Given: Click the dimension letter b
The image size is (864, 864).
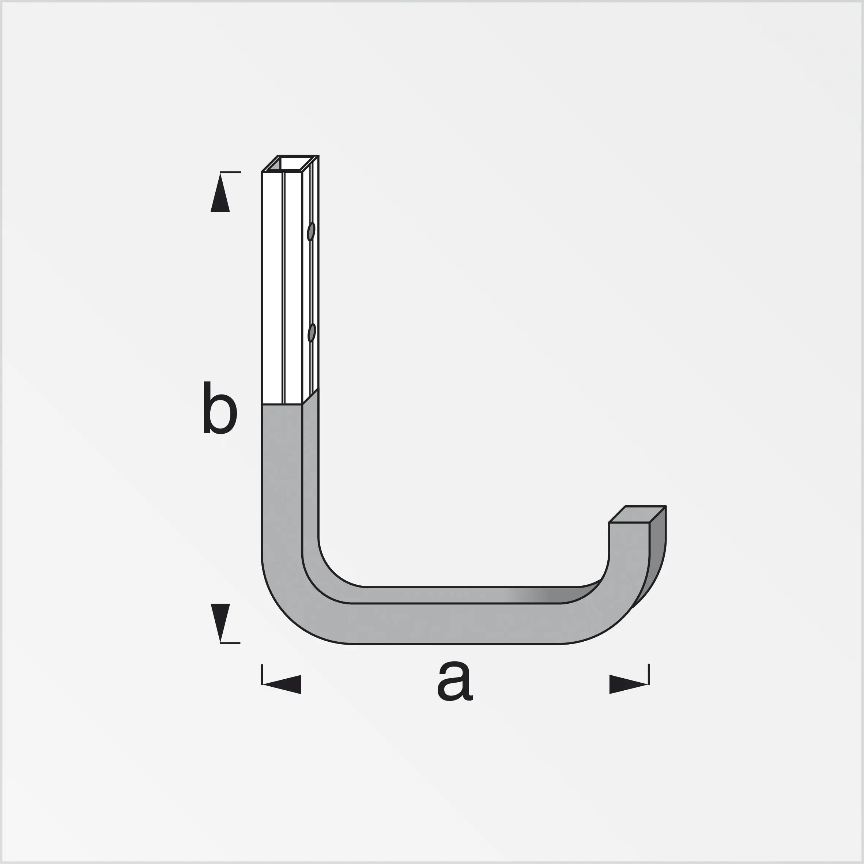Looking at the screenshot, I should click(x=220, y=408).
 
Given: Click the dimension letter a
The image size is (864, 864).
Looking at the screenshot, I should click(x=454, y=682).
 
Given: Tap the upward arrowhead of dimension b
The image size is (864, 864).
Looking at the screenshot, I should click(x=220, y=195).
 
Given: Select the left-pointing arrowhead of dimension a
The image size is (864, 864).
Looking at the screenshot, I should click(x=284, y=684).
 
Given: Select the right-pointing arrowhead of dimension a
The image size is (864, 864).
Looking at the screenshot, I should click(x=627, y=684).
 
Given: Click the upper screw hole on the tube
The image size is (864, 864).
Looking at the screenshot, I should click(x=311, y=232).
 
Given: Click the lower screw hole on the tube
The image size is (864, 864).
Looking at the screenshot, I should click(x=312, y=333).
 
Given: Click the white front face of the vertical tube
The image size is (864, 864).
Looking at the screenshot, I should click(x=272, y=286).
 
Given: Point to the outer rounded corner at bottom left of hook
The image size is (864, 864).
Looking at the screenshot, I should click(x=286, y=613).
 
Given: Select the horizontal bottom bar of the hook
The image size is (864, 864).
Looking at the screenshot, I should click(x=456, y=623).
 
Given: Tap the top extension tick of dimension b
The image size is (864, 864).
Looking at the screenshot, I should click(x=231, y=172).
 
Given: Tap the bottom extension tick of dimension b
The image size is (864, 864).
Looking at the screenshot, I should click(x=231, y=643).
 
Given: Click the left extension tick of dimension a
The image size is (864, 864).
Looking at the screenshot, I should click(x=262, y=674).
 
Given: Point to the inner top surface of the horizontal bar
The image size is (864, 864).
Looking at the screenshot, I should click(x=447, y=595).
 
